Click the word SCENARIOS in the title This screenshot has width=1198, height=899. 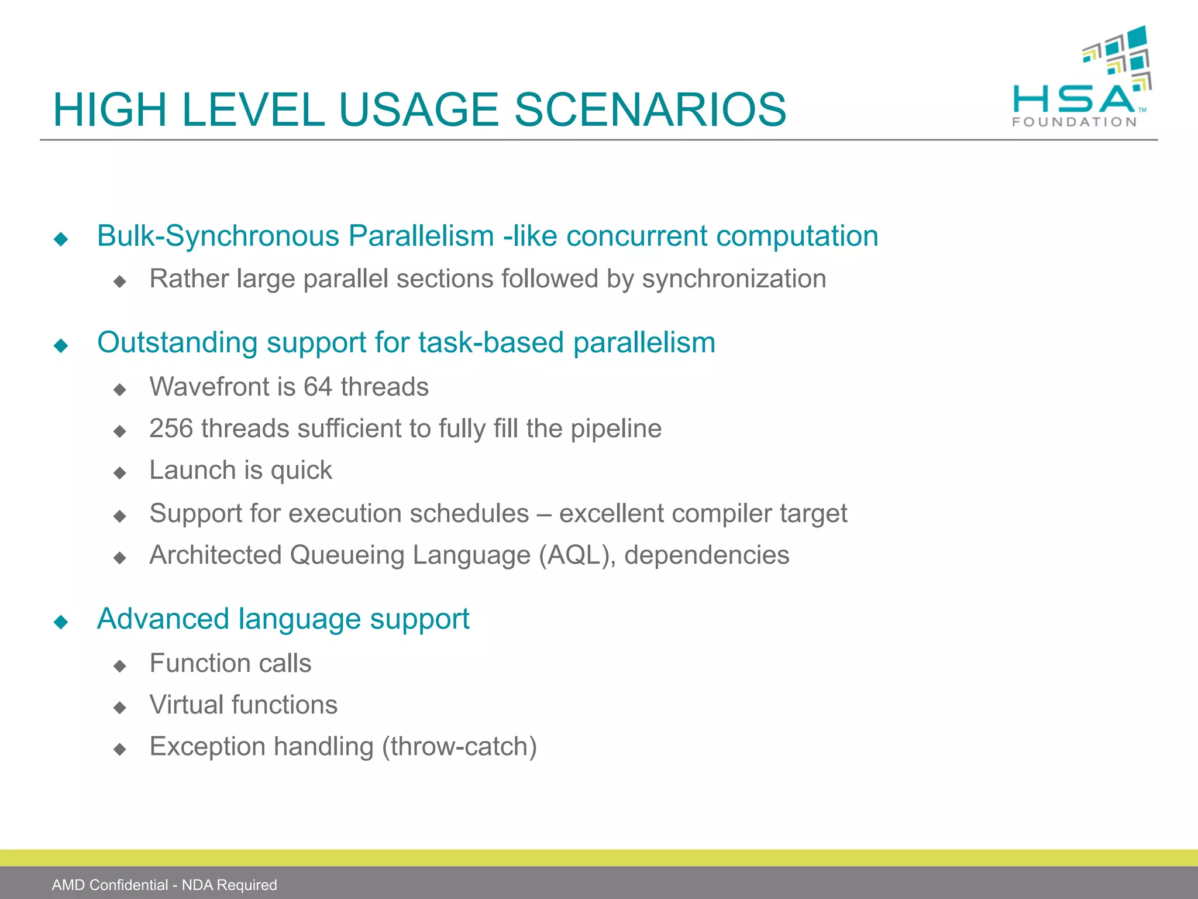[649, 110]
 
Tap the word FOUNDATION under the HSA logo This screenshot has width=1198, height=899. [1074, 122]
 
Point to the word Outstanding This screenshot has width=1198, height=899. [177, 342]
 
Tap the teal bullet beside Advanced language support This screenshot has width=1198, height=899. [61, 622]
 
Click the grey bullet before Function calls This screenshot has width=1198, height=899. [120, 665]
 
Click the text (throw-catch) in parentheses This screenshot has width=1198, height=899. [459, 747]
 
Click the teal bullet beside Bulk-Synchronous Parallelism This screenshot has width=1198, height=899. [61, 239]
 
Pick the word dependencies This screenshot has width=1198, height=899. [706, 555]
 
